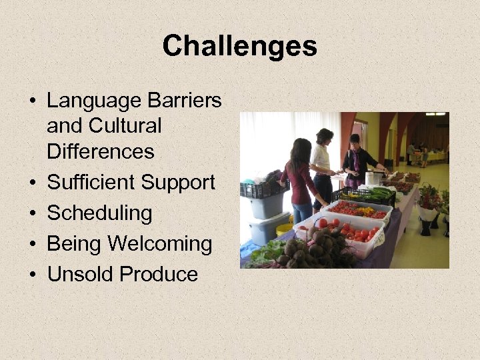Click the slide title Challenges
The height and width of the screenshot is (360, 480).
click(x=239, y=46)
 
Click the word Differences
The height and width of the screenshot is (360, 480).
click(x=100, y=151)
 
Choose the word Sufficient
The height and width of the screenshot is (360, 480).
click(x=91, y=182)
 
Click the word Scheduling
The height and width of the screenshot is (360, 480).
click(x=99, y=213)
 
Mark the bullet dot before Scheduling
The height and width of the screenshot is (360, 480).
click(x=32, y=213)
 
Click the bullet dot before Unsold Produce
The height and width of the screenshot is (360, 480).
click(x=32, y=274)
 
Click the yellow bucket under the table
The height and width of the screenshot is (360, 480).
click(x=285, y=229)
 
